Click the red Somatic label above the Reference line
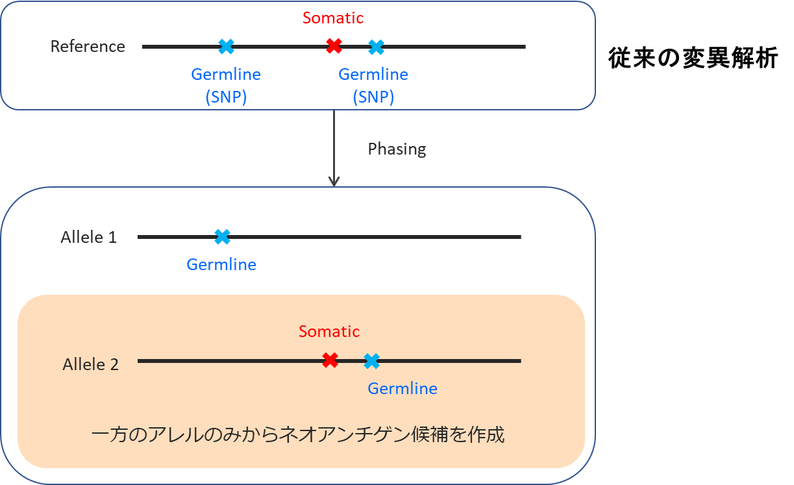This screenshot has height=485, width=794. [333, 18]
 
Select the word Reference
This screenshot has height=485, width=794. [88, 47]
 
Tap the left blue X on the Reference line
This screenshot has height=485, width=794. [226, 46]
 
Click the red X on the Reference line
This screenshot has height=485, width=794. [334, 46]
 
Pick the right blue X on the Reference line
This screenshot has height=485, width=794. [376, 47]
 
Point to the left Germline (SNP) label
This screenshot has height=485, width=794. [226, 85]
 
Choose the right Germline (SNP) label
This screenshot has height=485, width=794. [373, 85]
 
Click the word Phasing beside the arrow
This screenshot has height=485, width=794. [397, 149]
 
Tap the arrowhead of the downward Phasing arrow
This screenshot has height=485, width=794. [334, 182]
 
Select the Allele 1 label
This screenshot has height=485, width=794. [89, 237]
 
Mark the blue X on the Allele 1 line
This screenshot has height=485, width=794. [222, 237]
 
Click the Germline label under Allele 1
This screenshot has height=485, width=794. [221, 264]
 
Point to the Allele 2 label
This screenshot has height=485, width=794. [91, 364]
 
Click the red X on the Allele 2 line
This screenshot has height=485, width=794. [330, 360]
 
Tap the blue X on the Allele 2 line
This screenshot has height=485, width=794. [371, 360]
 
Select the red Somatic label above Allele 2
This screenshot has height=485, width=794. [329, 331]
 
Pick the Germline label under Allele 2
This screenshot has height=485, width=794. [403, 388]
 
